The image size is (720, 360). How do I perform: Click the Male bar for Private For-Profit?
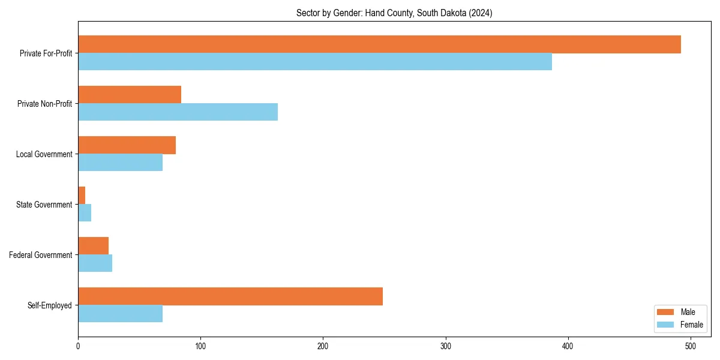pyautogui.click(x=379, y=44)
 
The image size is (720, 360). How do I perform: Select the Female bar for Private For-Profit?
pyautogui.click(x=315, y=62)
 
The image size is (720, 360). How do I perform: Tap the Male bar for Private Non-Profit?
pyautogui.click(x=130, y=95)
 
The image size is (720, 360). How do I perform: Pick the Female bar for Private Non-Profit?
pyautogui.click(x=178, y=112)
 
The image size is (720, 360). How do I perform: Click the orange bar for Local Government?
pyautogui.click(x=127, y=145)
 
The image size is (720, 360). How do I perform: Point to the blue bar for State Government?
pyautogui.click(x=85, y=213)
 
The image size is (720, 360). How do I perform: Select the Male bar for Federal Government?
pyautogui.click(x=93, y=246)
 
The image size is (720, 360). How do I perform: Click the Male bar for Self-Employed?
pyautogui.click(x=230, y=296)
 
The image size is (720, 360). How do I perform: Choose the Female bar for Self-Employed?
pyautogui.click(x=120, y=314)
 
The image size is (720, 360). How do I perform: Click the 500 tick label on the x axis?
pyautogui.click(x=691, y=346)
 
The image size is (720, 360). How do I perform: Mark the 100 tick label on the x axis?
pyautogui.click(x=200, y=346)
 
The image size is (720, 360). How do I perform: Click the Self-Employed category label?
pyautogui.click(x=49, y=305)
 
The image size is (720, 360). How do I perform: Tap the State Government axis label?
pyautogui.click(x=44, y=205)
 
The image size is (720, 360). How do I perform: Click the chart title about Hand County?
pyautogui.click(x=394, y=13)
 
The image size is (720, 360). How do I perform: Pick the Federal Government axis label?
pyautogui.click(x=41, y=255)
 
